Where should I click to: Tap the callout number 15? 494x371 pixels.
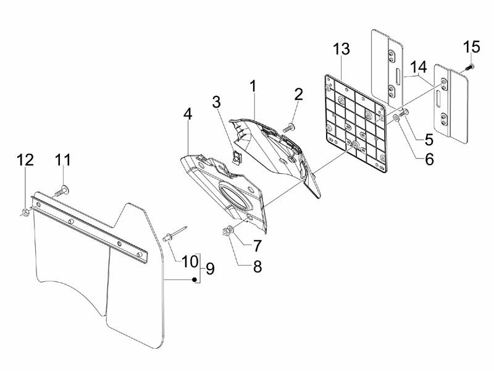tap(471, 48)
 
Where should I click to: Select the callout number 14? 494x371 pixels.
tap(418, 66)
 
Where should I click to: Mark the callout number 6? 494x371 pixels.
tap(427, 159)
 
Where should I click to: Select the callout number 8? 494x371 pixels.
tap(257, 267)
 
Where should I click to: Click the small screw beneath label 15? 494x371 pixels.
tap(469, 66)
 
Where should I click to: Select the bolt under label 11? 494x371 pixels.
tap(62, 191)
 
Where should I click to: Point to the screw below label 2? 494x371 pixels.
tap(288, 127)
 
